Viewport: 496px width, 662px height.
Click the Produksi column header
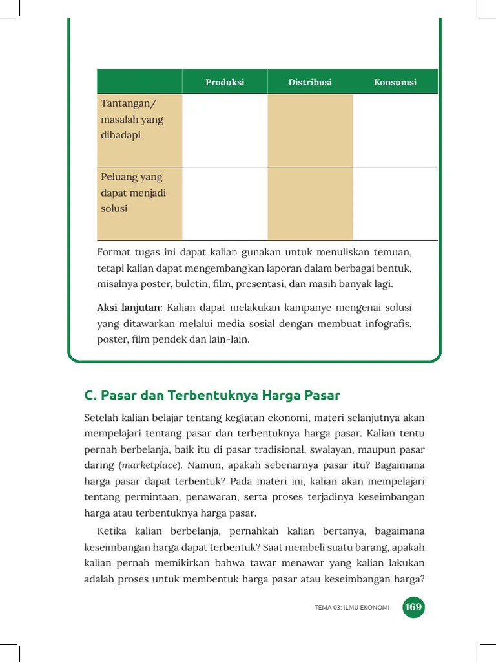(225, 82)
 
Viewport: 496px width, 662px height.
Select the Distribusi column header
(310, 82)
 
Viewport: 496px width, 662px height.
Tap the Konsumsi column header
(395, 82)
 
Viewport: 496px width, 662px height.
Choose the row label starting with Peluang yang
(132, 193)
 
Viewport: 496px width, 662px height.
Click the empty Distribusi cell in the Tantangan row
(310, 130)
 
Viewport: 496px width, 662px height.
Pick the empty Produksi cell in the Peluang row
(225, 204)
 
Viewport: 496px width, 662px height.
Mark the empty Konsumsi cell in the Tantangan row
(395, 130)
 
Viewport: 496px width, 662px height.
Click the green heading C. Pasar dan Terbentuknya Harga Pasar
(212, 395)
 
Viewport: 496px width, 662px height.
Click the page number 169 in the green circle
(413, 607)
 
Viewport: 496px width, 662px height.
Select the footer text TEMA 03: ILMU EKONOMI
(352, 608)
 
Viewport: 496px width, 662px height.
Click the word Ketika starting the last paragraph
(112, 531)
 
